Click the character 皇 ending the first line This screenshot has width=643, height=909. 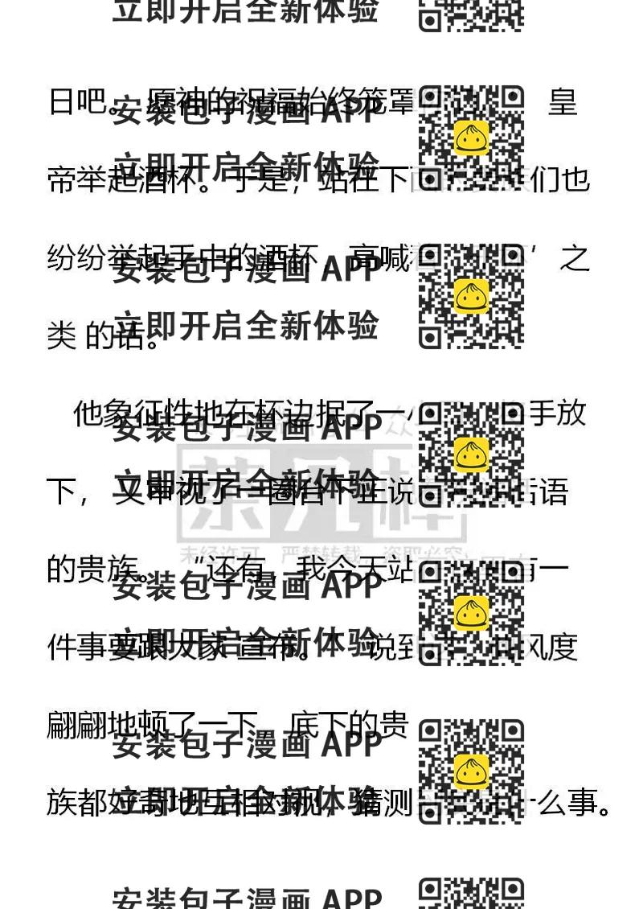click(x=563, y=103)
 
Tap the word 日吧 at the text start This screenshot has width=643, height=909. click(x=78, y=103)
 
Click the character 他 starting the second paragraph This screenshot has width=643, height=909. click(x=88, y=414)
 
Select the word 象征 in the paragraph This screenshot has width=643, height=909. click(x=131, y=414)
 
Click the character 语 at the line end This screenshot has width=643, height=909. click(x=555, y=492)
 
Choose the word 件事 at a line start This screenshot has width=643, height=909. click(x=77, y=648)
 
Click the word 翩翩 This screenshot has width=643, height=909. click(x=77, y=725)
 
